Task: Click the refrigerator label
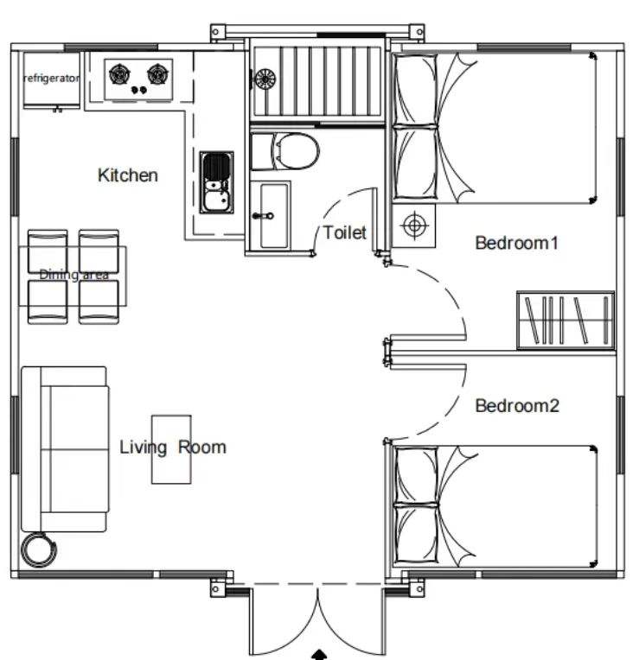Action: click(51, 79)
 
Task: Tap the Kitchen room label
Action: click(128, 175)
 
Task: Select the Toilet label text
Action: click(345, 232)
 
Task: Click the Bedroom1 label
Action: click(517, 243)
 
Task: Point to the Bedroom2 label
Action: click(517, 406)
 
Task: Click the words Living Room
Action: click(173, 447)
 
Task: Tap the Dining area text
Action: click(74, 275)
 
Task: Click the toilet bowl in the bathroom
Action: click(284, 151)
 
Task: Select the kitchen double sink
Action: click(216, 182)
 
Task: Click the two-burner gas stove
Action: click(138, 79)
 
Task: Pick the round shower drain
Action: click(265, 79)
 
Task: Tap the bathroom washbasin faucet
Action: click(263, 216)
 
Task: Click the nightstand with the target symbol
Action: click(413, 225)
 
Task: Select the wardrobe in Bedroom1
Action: click(566, 320)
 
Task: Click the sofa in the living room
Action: click(66, 449)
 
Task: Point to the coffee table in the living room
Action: click(171, 449)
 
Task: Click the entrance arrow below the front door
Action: click(319, 655)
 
